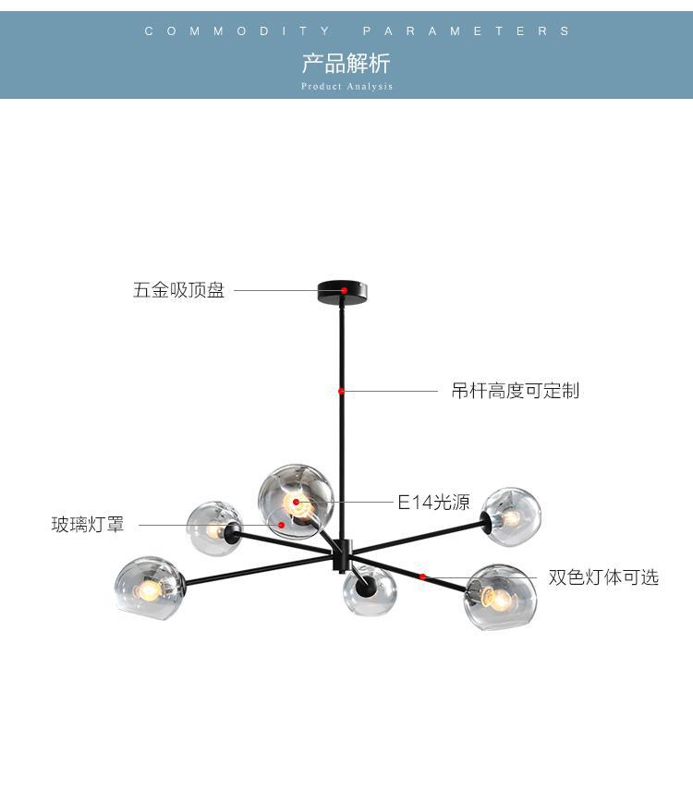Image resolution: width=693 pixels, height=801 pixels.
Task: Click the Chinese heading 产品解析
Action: pyautogui.click(x=346, y=64)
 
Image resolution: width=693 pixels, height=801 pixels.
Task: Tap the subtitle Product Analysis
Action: pyautogui.click(x=346, y=87)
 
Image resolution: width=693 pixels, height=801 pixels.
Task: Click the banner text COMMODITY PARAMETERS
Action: pyautogui.click(x=359, y=31)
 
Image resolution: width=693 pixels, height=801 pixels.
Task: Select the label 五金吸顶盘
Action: pyautogui.click(x=179, y=290)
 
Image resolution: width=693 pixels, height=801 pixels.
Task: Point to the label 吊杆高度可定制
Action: pyautogui.click(x=515, y=391)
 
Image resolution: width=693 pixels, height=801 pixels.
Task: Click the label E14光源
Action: pyautogui.click(x=433, y=503)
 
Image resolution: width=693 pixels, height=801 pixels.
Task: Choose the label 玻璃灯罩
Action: pyautogui.click(x=88, y=526)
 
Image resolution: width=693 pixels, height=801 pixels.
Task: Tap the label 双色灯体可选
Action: pyautogui.click(x=603, y=577)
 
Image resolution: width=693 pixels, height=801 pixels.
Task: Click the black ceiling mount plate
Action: pyautogui.click(x=344, y=292)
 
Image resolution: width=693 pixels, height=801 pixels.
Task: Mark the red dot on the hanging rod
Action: pyautogui.click(x=341, y=391)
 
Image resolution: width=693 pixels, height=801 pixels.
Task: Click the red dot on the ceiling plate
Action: pyautogui.click(x=344, y=290)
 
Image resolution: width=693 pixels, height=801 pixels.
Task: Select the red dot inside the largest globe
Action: pyautogui.click(x=297, y=503)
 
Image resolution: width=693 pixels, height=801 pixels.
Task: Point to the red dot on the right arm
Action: pyautogui.click(x=422, y=576)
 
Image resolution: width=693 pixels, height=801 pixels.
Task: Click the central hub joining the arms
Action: pyautogui.click(x=342, y=552)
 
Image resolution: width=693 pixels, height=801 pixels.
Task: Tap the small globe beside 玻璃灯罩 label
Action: pyautogui.click(x=213, y=529)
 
